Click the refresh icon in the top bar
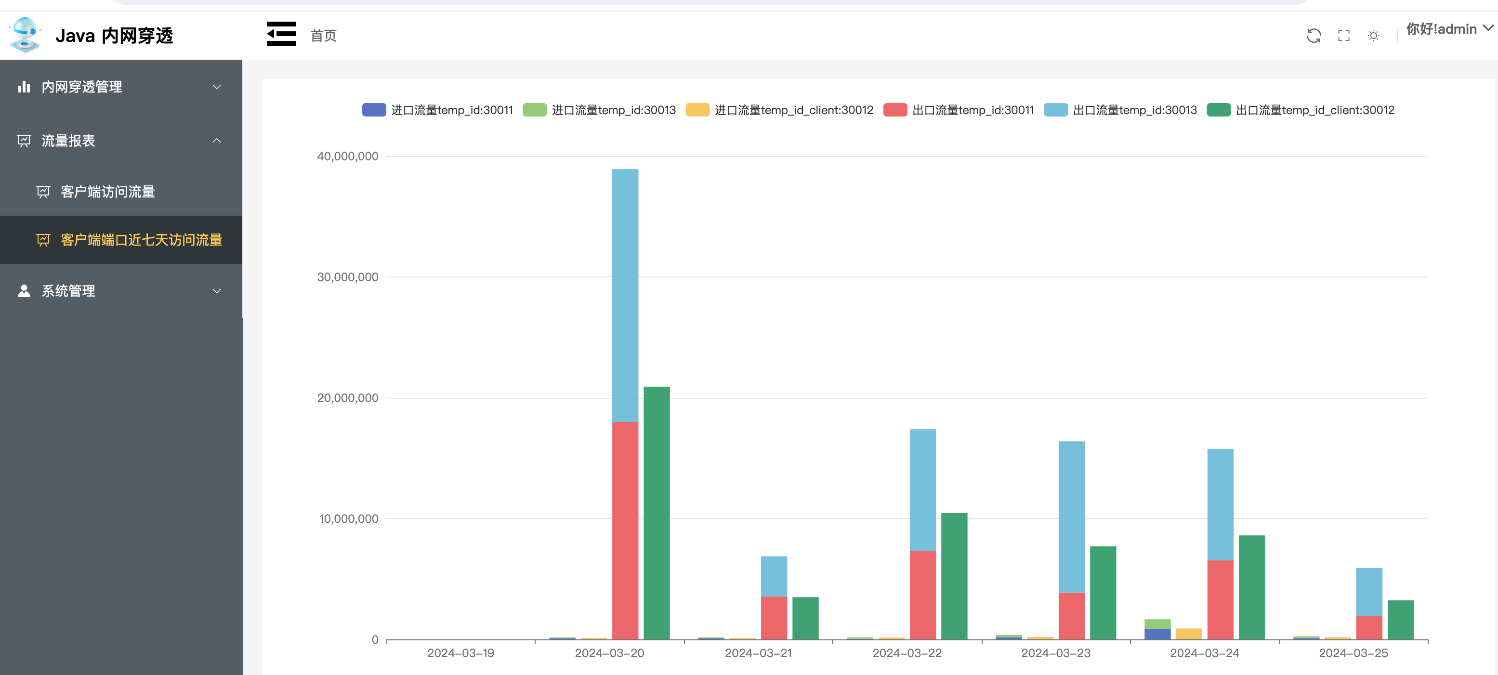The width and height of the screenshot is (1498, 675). [1313, 36]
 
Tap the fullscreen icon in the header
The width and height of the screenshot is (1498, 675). [1343, 36]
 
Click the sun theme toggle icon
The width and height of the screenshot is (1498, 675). [1374, 36]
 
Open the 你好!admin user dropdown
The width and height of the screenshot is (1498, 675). [1448, 29]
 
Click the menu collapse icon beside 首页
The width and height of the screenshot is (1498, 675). [281, 34]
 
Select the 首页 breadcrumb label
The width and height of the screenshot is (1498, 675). [323, 36]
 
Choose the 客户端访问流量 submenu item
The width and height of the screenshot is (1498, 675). [107, 192]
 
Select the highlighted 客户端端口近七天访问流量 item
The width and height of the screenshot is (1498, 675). [141, 240]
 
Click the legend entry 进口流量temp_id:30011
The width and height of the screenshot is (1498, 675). [437, 110]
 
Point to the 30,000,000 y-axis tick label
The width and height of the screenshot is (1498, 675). [347, 277]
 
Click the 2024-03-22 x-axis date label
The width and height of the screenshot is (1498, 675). [907, 653]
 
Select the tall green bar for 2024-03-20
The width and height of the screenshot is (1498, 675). [657, 512]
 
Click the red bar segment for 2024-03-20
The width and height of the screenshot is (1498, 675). [625, 529]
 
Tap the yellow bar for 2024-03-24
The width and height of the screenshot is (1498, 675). [1189, 634]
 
